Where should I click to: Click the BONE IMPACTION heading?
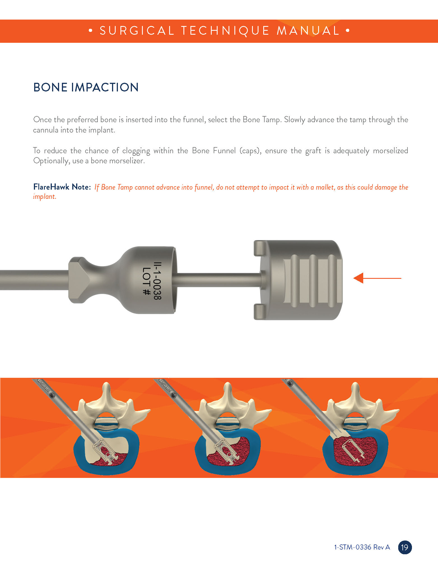click(86, 87)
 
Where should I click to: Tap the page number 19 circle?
click(405, 547)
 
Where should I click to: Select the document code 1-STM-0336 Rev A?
click(362, 547)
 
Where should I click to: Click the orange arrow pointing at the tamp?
click(377, 278)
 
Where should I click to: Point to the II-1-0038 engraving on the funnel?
click(158, 281)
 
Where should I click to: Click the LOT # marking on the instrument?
click(147, 281)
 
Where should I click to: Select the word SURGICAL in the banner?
click(137, 30)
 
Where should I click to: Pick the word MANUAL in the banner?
click(308, 30)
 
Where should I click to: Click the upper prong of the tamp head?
click(260, 248)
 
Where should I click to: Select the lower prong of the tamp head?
click(260, 312)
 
